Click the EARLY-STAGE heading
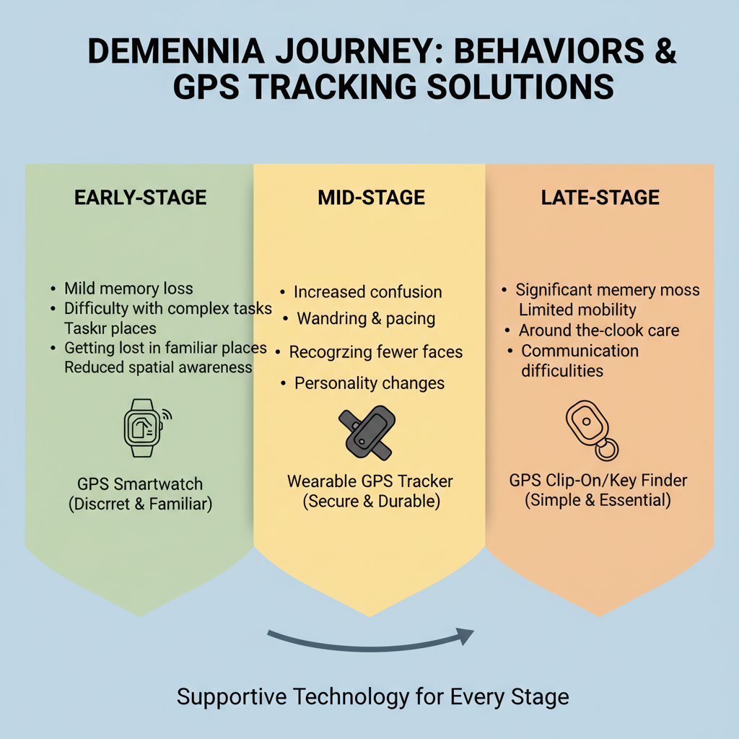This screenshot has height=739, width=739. tap(140, 197)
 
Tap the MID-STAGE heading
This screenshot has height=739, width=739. tap(371, 197)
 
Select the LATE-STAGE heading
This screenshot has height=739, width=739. tap(600, 197)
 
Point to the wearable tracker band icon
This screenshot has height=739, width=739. tap(367, 432)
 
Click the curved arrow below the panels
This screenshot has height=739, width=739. tap(371, 638)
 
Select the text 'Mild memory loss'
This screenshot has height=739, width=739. tap(128, 289)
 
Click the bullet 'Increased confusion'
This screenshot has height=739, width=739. tap(367, 292)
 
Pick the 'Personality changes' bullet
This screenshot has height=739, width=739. tap(369, 383)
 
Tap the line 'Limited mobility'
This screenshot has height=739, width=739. tap(577, 310)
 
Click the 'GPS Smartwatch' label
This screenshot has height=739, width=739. tap(140, 484)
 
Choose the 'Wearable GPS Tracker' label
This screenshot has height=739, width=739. tap(370, 481)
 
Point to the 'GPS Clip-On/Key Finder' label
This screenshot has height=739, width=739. tap(598, 481)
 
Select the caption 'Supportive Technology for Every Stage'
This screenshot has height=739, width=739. tap(372, 697)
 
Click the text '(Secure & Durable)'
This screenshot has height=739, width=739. tap(371, 501)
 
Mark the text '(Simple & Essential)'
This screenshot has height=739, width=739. tap(599, 499)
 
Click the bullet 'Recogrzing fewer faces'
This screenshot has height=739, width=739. tap(375, 352)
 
